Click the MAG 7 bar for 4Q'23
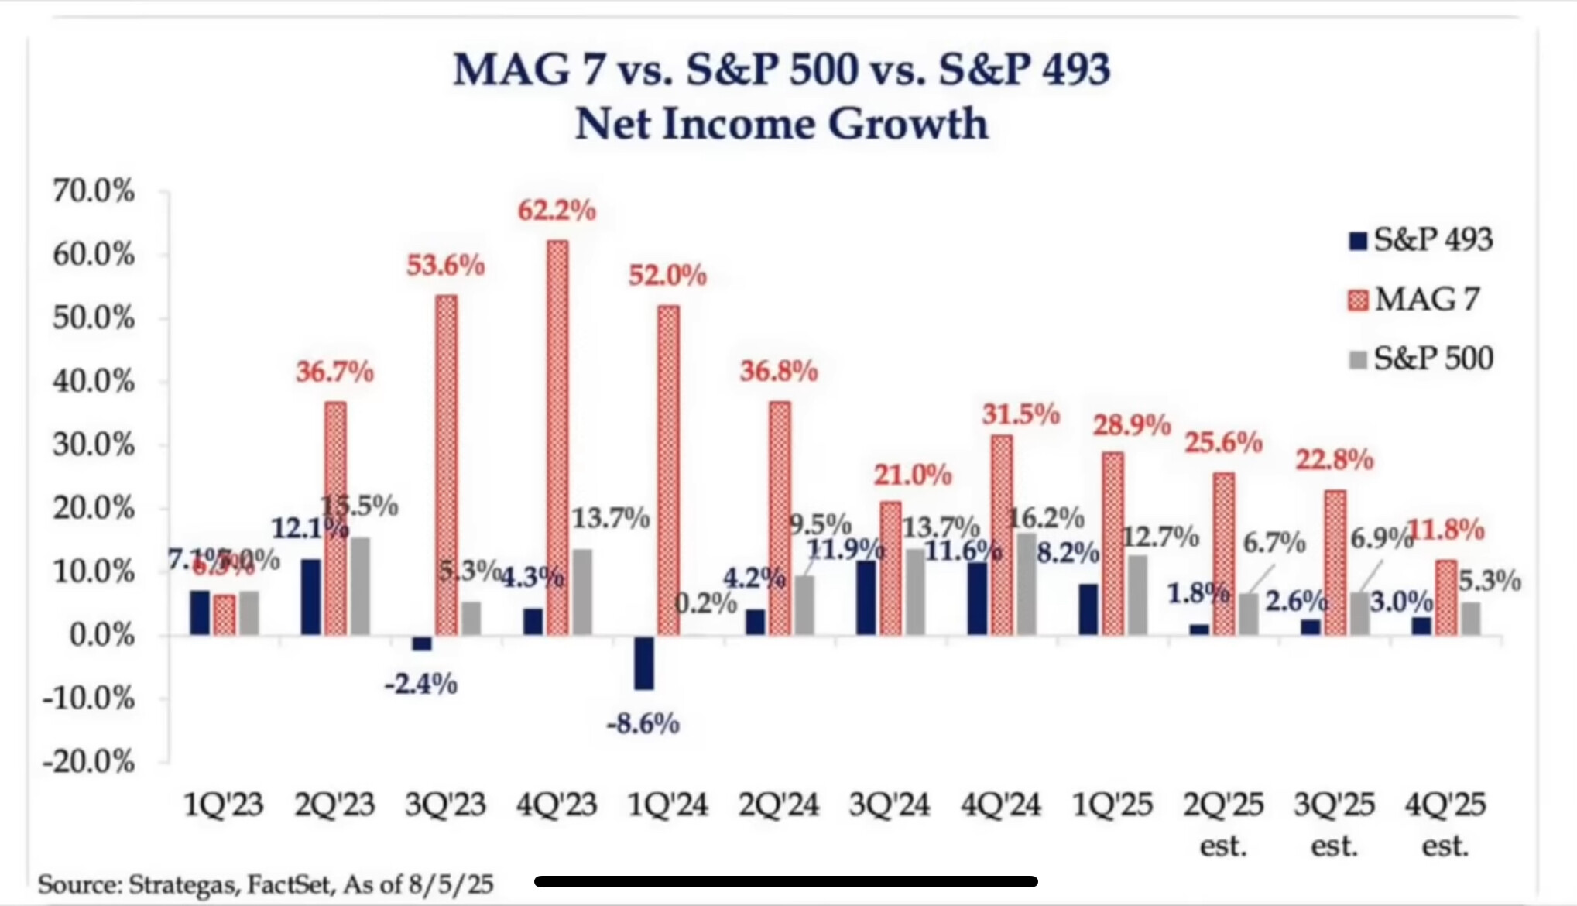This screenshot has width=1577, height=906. [x=557, y=438]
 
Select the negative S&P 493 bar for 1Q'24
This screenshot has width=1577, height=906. [x=643, y=662]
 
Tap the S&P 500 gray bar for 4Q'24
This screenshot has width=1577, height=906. [x=1027, y=584]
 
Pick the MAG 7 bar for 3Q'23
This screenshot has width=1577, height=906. [x=446, y=465]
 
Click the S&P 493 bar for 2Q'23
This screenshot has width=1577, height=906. [x=310, y=596]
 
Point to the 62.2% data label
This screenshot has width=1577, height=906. [x=557, y=211]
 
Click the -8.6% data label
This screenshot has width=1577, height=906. [x=643, y=724]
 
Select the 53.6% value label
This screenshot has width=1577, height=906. [x=446, y=266]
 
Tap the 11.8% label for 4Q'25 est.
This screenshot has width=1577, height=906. [x=1445, y=530]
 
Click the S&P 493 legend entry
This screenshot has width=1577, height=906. [x=1421, y=240]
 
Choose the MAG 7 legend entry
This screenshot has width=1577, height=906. [x=1414, y=300]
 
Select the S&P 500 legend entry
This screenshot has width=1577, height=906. [x=1421, y=359]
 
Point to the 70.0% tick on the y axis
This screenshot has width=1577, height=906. [x=94, y=190]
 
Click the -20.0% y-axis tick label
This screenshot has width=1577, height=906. [x=89, y=762]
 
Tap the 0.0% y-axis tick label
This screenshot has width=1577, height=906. [x=101, y=636]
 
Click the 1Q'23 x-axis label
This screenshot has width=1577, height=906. [x=224, y=805]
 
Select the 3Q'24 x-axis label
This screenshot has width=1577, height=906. [x=890, y=805]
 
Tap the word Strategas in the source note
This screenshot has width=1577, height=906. [x=184, y=884]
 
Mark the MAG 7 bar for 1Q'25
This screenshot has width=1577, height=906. [x=1112, y=544]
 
